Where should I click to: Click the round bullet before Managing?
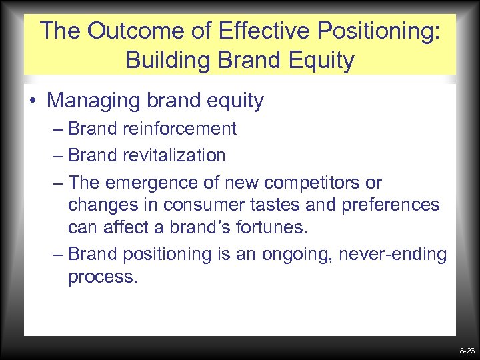pos(33,101)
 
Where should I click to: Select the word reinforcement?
pos(179,128)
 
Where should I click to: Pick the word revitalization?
pos(175,155)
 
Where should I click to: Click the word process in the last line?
pos(102,276)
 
